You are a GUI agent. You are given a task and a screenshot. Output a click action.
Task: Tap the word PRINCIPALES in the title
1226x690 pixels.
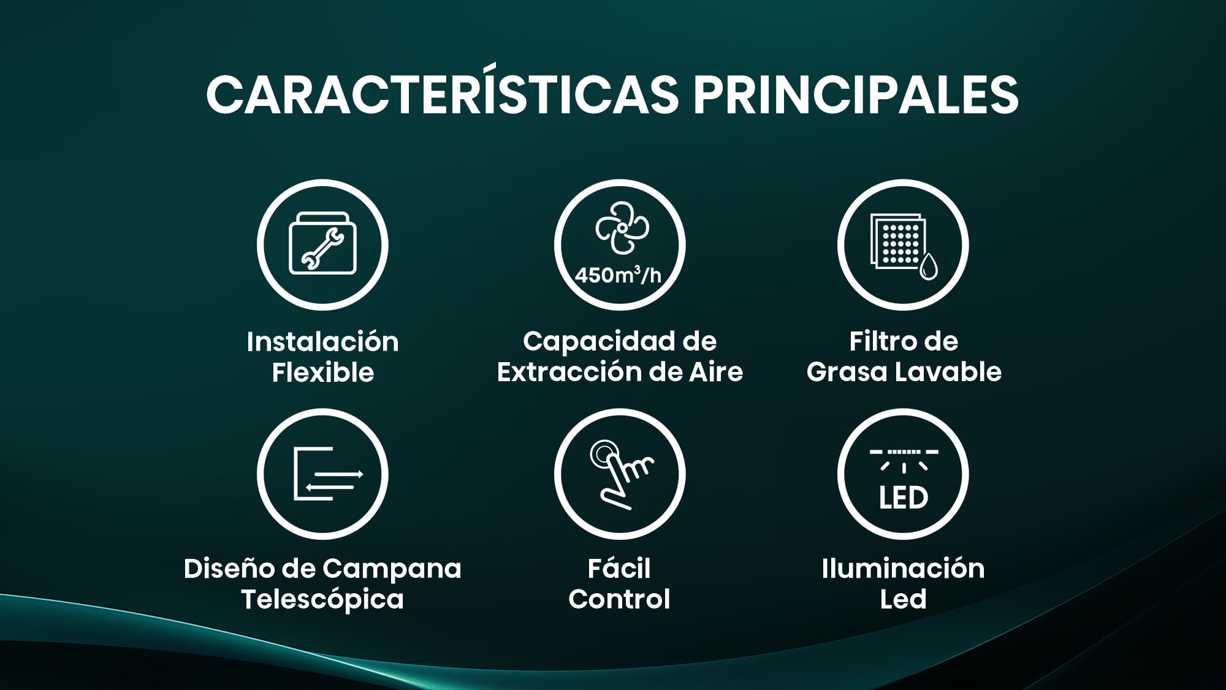[856, 95]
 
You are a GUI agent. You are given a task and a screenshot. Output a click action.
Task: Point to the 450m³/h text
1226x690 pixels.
[619, 275]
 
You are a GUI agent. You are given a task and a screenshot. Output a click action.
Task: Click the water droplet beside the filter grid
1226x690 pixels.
[929, 266]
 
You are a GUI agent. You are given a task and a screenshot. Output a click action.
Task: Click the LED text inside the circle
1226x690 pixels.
[903, 498]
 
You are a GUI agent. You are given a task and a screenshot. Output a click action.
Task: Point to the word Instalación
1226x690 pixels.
[322, 341]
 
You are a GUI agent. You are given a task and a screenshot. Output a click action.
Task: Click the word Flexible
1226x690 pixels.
[322, 372]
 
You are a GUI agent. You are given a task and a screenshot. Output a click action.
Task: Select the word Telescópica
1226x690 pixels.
[322, 599]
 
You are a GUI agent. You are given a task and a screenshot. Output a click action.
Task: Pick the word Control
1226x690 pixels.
[619, 599]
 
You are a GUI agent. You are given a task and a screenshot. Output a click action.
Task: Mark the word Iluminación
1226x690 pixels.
[903, 568]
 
